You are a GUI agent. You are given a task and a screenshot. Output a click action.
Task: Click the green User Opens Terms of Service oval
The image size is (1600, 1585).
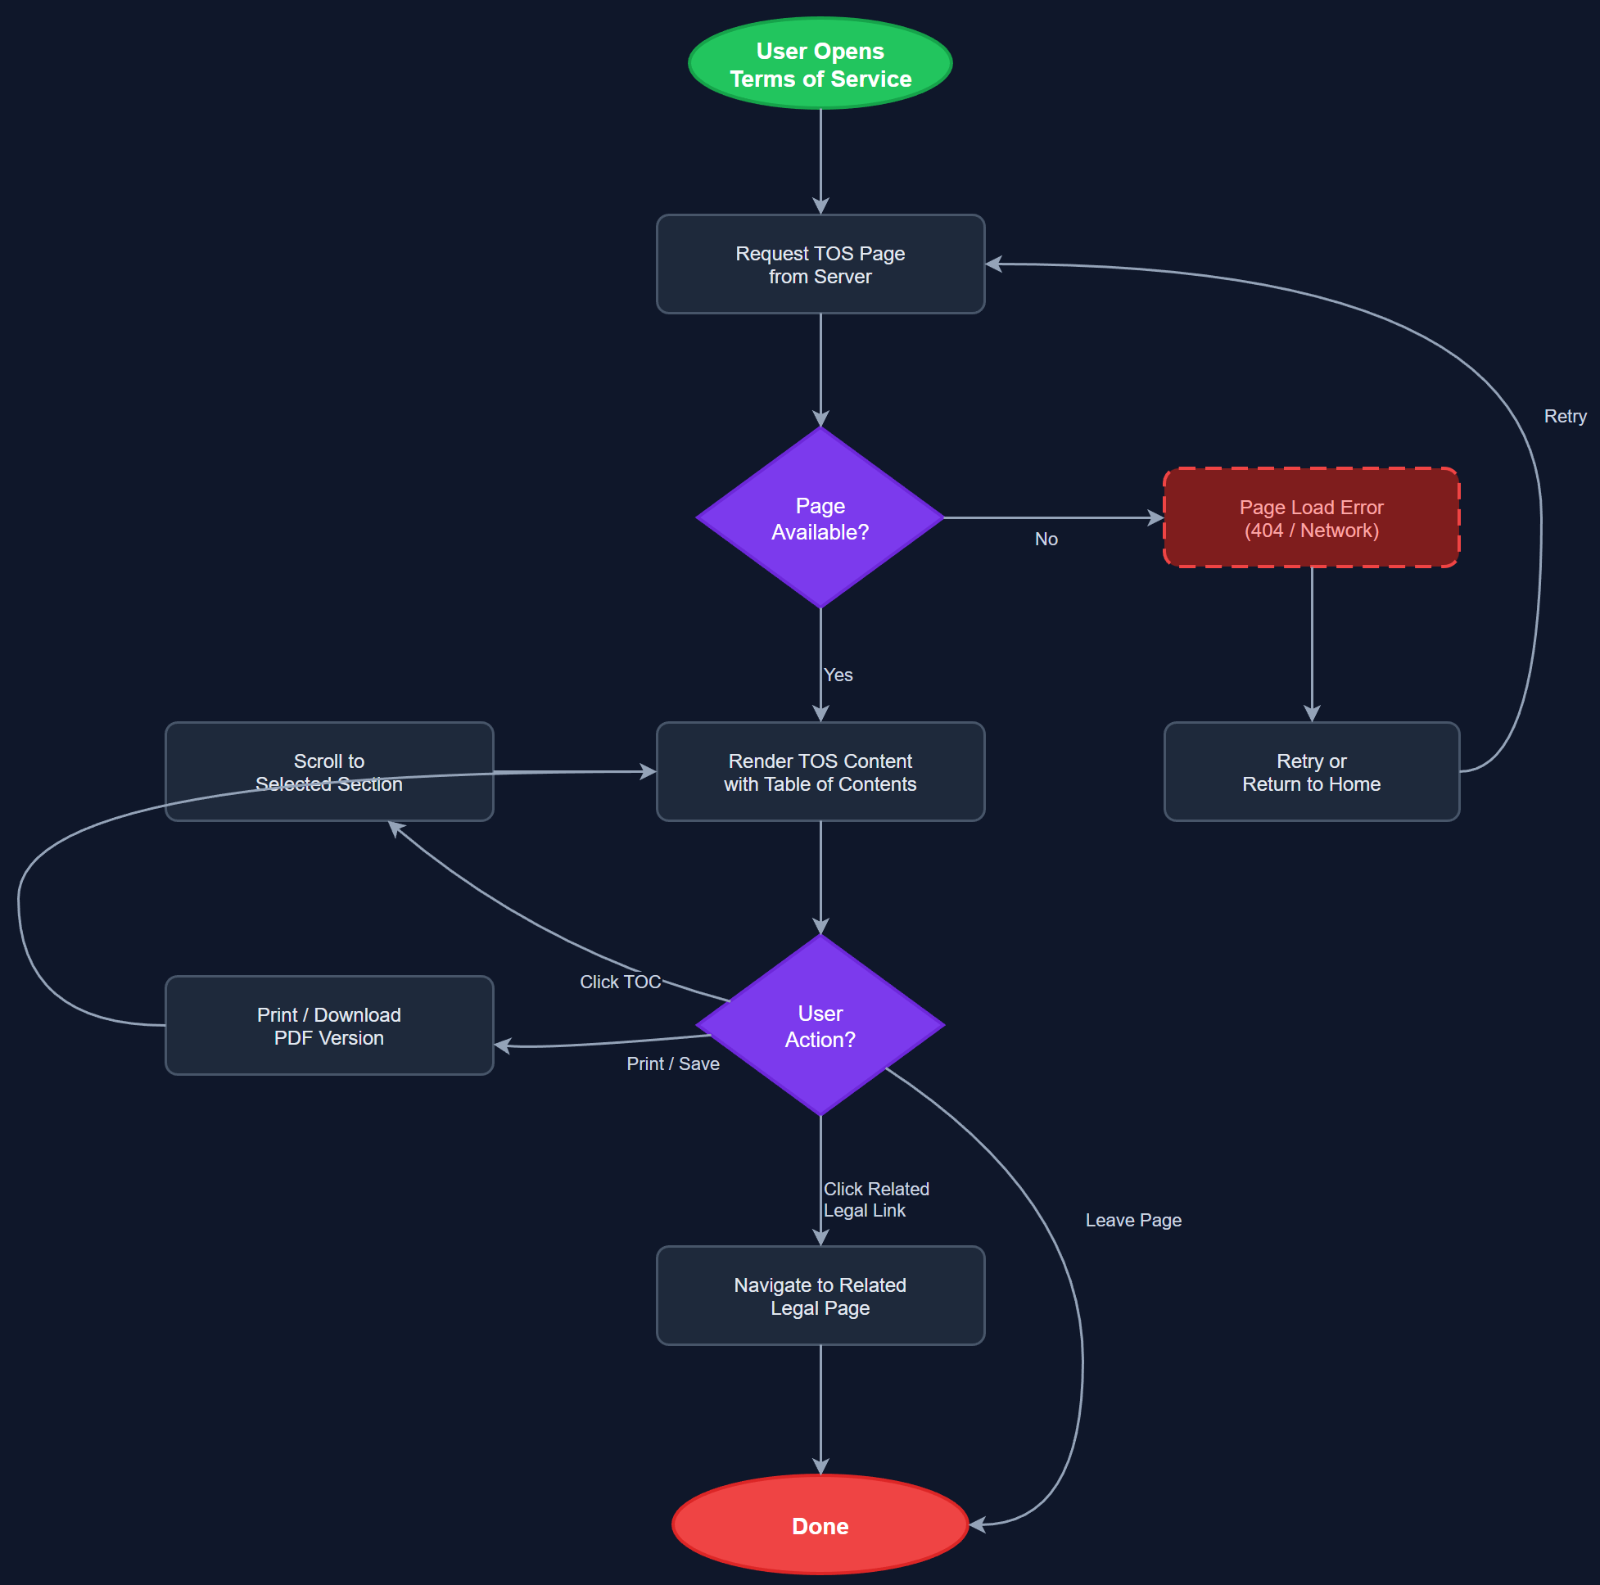pyautogui.click(x=820, y=64)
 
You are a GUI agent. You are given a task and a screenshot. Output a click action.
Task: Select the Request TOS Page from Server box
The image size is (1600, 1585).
pyautogui.click(x=820, y=264)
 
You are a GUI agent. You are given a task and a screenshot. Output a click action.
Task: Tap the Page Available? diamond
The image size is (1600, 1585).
pyautogui.click(x=820, y=517)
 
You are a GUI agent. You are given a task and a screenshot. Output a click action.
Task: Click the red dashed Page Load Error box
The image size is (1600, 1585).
pyautogui.click(x=1311, y=517)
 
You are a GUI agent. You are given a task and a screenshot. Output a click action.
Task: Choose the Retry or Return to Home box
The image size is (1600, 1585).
pyautogui.click(x=1311, y=772)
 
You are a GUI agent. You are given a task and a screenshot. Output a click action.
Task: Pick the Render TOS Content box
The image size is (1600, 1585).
pyautogui.click(x=820, y=772)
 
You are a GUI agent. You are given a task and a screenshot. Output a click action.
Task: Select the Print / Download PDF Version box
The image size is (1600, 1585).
pyautogui.click(x=329, y=1025)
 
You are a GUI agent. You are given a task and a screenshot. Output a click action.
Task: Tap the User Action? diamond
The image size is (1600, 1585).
pyautogui.click(x=820, y=1025)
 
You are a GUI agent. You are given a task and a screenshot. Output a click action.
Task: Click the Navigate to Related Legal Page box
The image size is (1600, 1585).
pyautogui.click(x=820, y=1296)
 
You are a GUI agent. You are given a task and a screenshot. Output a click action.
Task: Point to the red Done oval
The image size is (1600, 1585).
pyautogui.click(x=820, y=1525)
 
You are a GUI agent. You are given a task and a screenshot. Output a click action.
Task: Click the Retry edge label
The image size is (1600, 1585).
pyautogui.click(x=1565, y=417)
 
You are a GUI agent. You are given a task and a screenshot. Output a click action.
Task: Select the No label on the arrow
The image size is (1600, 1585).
pyautogui.click(x=1046, y=539)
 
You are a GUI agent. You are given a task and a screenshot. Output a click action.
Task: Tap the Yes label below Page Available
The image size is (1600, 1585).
pyautogui.click(x=838, y=675)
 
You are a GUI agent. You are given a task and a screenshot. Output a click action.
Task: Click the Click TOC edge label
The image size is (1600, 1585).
pyautogui.click(x=621, y=982)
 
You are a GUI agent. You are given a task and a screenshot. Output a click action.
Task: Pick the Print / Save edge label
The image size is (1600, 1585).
pyautogui.click(x=672, y=1064)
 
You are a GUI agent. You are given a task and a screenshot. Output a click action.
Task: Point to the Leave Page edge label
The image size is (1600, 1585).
pyautogui.click(x=1133, y=1221)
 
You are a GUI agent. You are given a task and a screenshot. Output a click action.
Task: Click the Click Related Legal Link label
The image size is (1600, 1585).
pyautogui.click(x=875, y=1199)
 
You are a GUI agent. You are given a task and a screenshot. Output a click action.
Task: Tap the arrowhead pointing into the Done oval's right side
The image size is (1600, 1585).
pyautogui.click(x=977, y=1524)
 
